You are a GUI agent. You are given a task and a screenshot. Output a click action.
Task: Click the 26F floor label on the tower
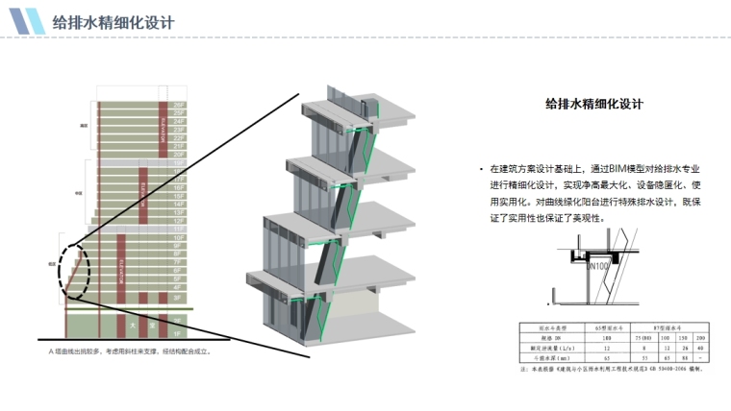click(x=178, y=104)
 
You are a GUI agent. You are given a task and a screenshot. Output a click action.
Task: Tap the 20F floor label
click(x=178, y=154)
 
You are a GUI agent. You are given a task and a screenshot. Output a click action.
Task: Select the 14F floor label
click(x=178, y=205)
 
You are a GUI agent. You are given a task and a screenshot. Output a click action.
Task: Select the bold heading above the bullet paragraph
click(x=592, y=104)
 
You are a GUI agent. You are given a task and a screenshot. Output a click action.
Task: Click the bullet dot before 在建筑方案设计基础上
click(x=480, y=168)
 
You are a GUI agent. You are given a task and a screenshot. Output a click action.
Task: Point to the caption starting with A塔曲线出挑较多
click(x=129, y=351)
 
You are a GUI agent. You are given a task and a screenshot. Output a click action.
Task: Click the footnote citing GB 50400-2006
click(x=616, y=366)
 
